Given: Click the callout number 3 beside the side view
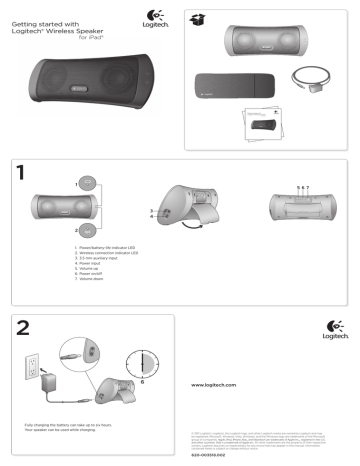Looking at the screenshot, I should coord(152,210).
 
